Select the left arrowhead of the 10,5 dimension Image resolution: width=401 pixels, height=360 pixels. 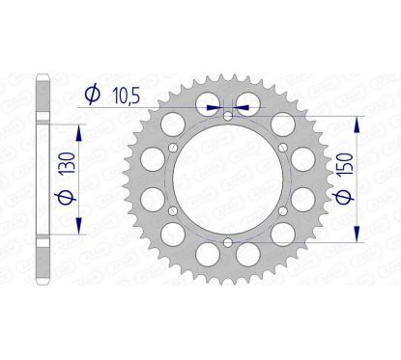213,105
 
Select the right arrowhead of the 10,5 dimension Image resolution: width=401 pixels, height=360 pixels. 239,105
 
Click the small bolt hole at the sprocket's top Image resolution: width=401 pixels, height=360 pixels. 226,116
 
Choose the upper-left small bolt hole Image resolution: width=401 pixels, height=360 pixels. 172,148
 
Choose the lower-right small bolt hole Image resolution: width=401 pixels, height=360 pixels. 280,210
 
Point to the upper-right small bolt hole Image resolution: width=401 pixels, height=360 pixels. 280,148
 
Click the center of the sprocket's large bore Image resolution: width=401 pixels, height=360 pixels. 226,180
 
